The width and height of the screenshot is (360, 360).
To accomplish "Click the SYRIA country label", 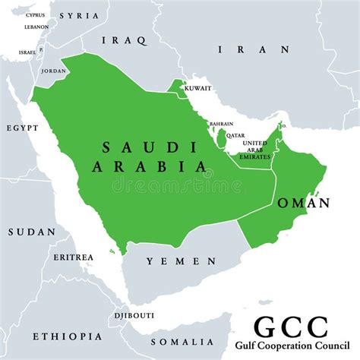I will (78, 15).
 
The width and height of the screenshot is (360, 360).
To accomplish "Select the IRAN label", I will (254, 49).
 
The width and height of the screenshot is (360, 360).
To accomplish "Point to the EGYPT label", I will (22, 128).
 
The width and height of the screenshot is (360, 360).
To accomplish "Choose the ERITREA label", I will (74, 257).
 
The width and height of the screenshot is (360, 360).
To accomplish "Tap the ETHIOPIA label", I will (67, 336).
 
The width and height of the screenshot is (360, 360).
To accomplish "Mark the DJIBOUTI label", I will (134, 315).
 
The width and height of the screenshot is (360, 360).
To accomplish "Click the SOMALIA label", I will (182, 342).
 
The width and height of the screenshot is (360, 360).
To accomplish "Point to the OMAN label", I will (304, 203).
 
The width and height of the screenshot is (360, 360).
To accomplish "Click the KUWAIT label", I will (197, 88).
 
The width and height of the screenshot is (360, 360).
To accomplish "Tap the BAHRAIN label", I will (221, 123).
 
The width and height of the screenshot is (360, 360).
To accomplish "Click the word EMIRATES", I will (255, 156).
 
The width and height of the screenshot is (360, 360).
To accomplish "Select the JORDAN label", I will (53, 71).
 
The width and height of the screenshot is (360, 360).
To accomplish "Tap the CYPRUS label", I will (35, 15).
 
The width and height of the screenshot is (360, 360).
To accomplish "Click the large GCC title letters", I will (291, 328).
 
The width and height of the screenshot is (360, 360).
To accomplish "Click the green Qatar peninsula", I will (221, 139).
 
